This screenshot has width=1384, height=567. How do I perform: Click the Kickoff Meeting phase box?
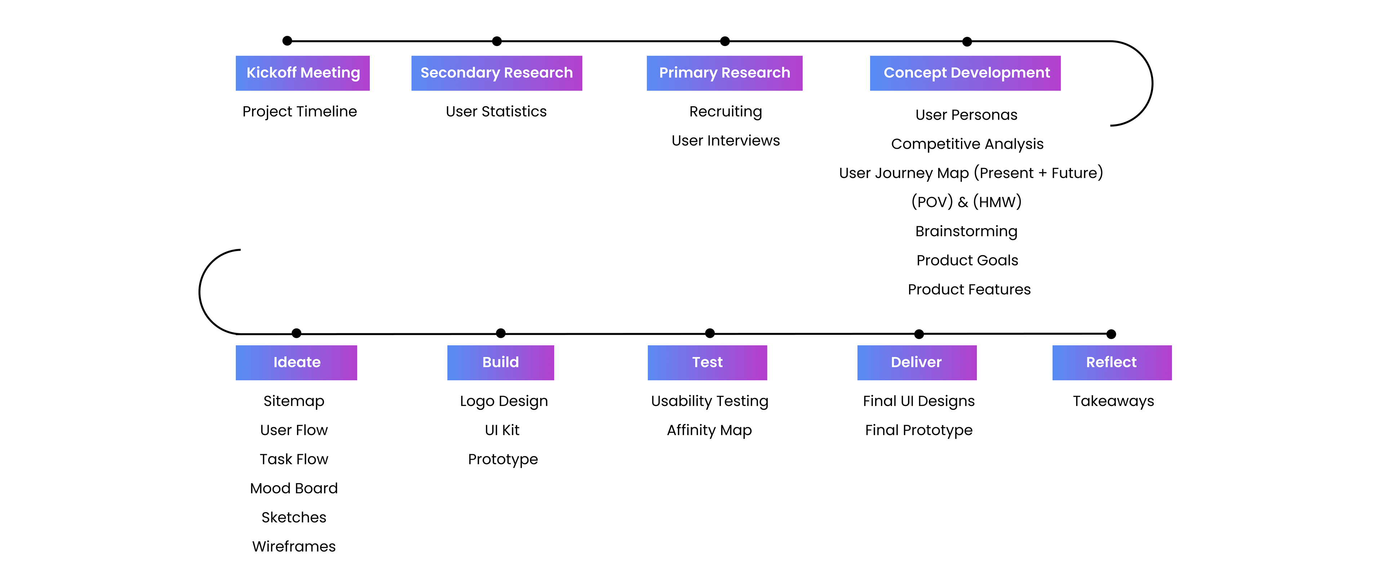click(302, 73)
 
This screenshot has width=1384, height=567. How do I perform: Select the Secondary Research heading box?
click(496, 73)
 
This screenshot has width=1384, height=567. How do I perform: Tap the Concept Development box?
click(965, 73)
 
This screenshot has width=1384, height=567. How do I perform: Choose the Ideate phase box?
click(296, 362)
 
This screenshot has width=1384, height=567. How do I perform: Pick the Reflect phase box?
click(1112, 362)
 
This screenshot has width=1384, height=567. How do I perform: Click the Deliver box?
click(917, 362)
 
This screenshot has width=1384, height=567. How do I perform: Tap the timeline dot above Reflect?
click(1111, 334)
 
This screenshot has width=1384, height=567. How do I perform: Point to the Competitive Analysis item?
click(967, 144)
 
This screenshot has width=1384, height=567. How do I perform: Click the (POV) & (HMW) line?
click(966, 202)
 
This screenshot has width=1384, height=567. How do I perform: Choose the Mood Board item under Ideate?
click(294, 488)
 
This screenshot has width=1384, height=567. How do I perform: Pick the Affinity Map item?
click(709, 430)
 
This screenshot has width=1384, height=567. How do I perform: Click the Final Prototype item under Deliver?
click(918, 430)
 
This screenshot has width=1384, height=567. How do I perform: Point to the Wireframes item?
click(294, 546)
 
